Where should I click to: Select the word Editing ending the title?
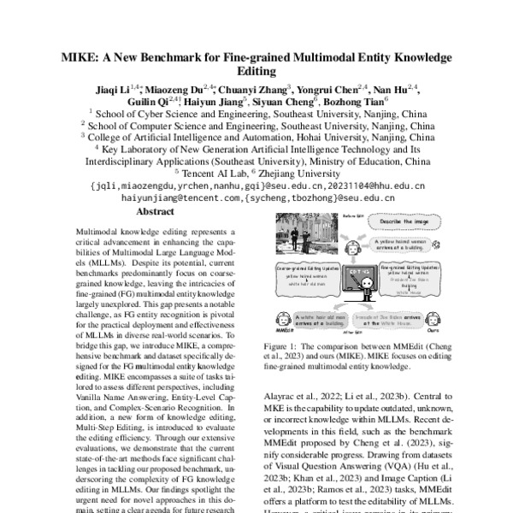pyautogui.click(x=256, y=74)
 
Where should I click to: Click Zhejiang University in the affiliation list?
pyautogui.click(x=299, y=172)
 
